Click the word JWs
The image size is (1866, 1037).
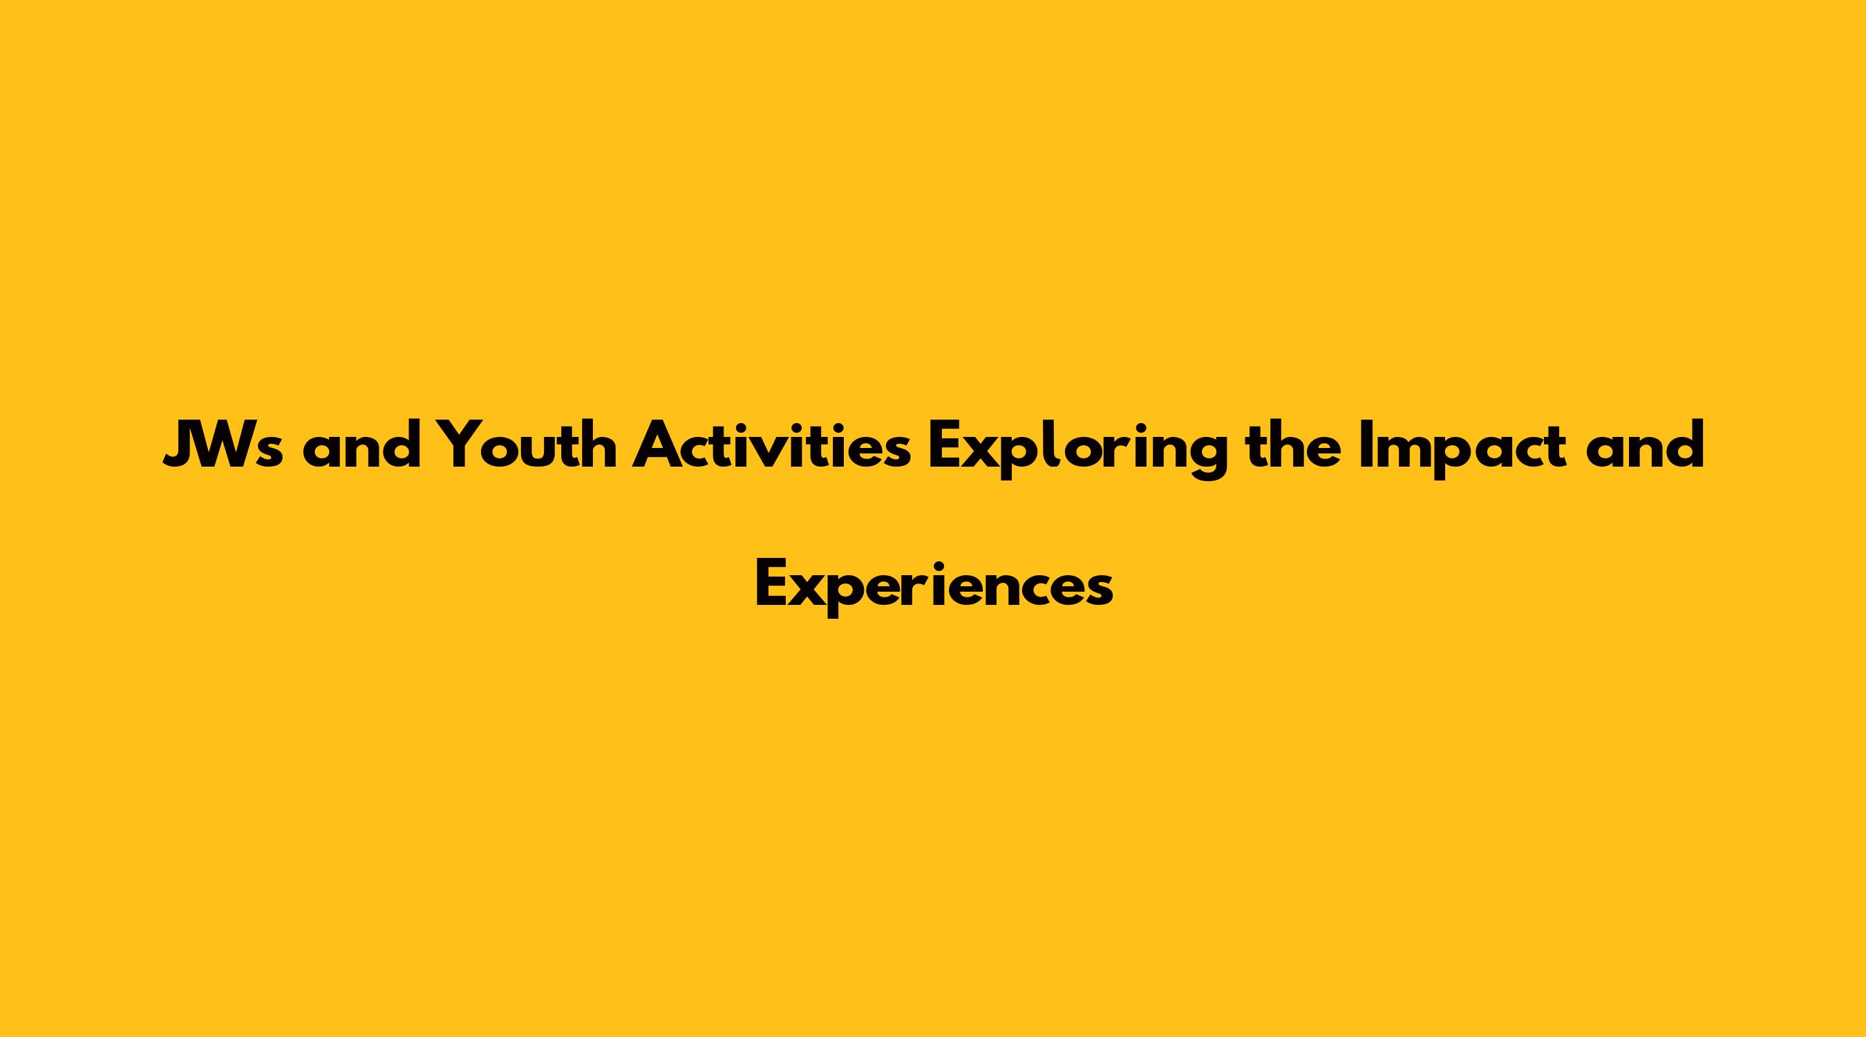223,445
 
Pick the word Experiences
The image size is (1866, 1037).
934,588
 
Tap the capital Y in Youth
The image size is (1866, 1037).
460,445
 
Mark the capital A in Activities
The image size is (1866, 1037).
658,445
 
